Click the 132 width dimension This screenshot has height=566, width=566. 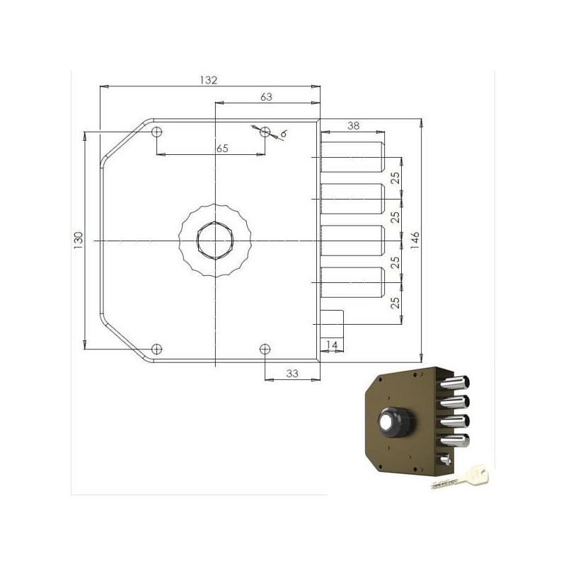tap(207, 80)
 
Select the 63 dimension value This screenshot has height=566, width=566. tap(267, 97)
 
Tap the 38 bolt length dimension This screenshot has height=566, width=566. tap(353, 125)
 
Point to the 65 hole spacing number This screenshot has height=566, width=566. tap(222, 148)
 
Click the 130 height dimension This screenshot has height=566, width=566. tap(79, 239)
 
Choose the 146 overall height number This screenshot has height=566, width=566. tap(415, 239)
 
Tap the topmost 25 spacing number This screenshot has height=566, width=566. tap(395, 178)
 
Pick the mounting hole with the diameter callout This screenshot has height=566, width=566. tap(265, 132)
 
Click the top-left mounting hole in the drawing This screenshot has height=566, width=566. tap(157, 132)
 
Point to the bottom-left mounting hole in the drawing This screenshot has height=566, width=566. tap(157, 348)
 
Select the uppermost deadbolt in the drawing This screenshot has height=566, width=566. tap(352, 155)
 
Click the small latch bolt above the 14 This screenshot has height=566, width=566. tap(332, 323)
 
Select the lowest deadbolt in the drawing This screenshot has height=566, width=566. tap(352, 283)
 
